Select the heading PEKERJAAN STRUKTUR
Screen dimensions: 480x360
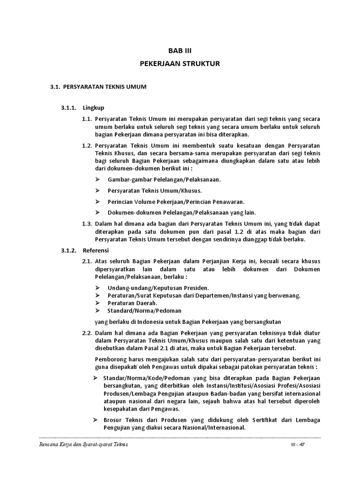click(x=180, y=63)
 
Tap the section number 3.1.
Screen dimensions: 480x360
click(x=55, y=87)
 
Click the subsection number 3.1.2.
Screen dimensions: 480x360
click(x=69, y=250)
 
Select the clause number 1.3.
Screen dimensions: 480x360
click(x=86, y=224)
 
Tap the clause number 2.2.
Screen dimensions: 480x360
click(x=86, y=332)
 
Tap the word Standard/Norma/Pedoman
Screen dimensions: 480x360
click(x=144, y=310)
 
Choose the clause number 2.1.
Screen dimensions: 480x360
click(x=86, y=261)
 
